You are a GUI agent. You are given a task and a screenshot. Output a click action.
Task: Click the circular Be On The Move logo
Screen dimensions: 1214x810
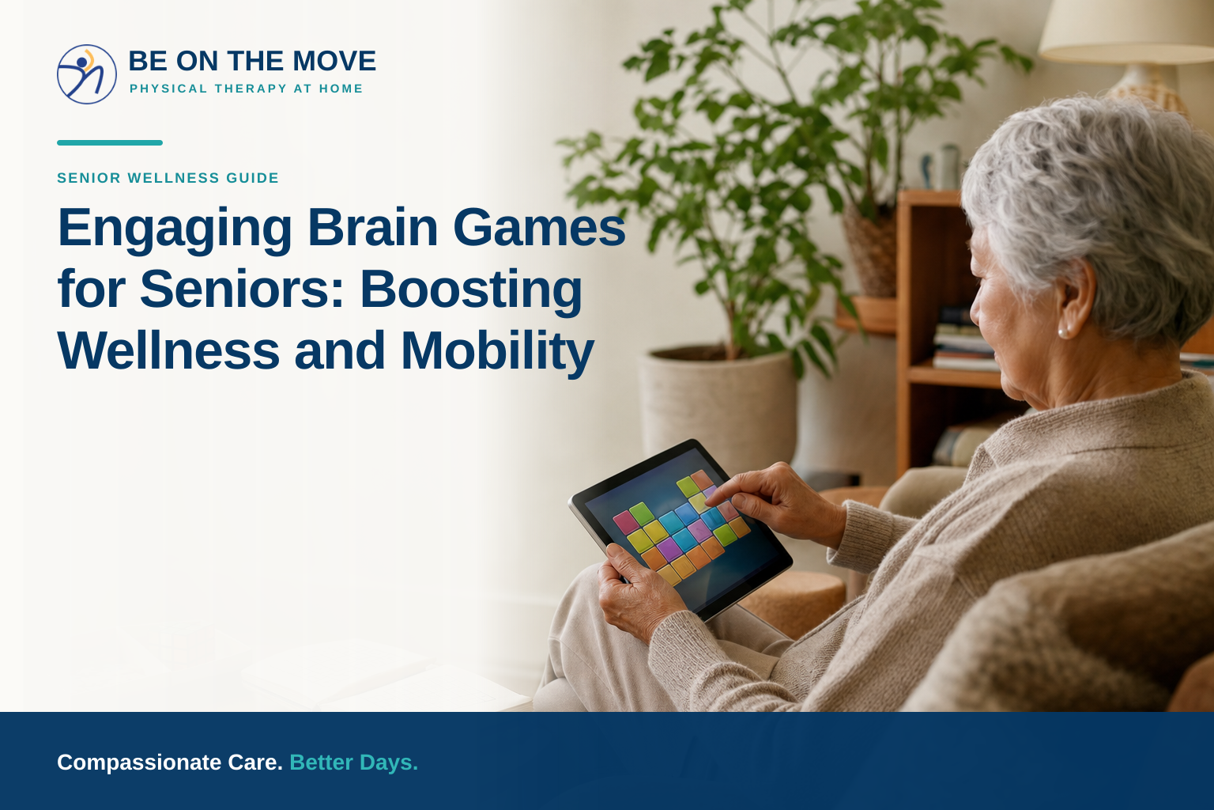coord(87,74)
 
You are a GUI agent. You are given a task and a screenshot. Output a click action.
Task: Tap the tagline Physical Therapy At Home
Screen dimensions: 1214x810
coord(246,89)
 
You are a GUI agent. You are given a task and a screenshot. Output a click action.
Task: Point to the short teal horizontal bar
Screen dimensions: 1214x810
coord(110,142)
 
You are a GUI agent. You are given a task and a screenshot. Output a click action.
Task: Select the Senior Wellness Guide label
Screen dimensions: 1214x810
coord(168,178)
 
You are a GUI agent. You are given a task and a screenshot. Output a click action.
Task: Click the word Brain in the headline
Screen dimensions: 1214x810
coord(373,227)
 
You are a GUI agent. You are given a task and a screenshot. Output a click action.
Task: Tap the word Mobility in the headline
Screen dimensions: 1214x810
coord(497,351)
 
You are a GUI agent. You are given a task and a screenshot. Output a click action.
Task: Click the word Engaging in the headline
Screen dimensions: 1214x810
coord(175,229)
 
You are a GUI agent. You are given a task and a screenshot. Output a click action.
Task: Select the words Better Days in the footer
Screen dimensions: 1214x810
coord(354,763)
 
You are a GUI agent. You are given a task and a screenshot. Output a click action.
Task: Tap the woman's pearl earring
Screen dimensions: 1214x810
coord(1063,332)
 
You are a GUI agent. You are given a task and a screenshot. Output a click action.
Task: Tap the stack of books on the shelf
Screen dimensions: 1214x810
coord(965,340)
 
